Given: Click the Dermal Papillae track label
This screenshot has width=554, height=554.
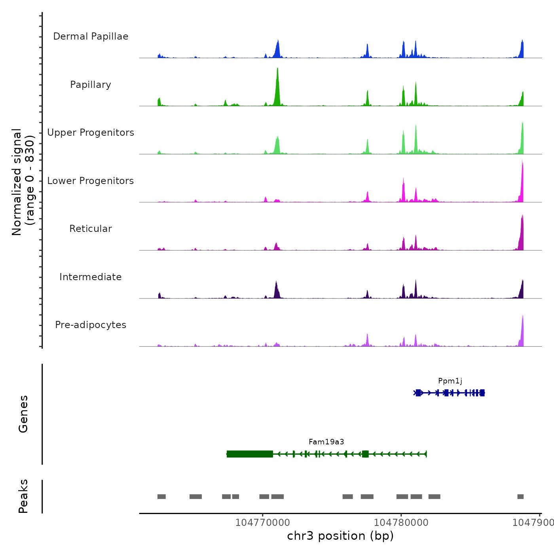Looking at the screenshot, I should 91,36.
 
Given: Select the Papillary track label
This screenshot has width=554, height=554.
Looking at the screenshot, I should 91,85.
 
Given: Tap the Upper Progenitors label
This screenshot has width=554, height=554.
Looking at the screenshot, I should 91,133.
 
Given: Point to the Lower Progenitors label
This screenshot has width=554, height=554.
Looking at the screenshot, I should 91,181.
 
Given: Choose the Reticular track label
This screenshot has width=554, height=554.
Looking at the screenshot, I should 91,229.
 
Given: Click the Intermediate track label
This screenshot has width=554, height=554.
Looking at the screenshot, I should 91,277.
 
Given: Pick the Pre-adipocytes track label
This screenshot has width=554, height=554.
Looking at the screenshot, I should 91,325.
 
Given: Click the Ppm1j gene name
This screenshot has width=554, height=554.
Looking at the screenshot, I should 450,381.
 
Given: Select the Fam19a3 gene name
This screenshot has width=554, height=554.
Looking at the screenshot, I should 326,442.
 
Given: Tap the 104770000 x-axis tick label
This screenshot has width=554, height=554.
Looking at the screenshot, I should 262,523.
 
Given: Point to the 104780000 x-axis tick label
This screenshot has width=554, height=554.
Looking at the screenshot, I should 401,523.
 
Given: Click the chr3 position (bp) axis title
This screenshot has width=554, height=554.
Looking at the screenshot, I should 340,536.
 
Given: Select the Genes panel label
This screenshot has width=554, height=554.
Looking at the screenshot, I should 23,414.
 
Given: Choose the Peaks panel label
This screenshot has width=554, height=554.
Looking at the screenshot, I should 23,496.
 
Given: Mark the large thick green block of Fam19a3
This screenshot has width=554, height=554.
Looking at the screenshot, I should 250,454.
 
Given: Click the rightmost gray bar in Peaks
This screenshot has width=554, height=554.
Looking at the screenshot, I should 520,497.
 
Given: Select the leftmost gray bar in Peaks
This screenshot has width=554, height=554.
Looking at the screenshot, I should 161,497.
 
